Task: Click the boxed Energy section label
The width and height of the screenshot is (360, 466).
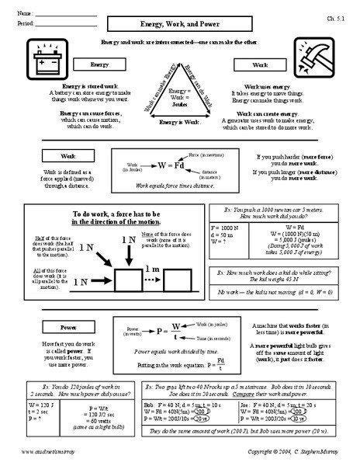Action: click(99, 64)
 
